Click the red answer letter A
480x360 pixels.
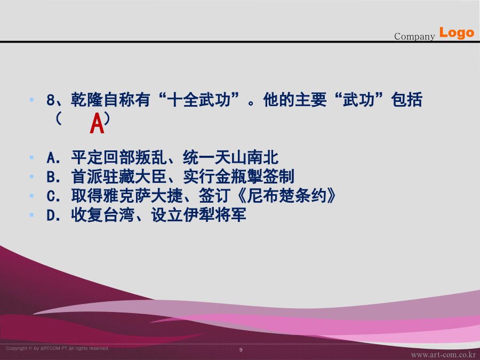click(x=97, y=123)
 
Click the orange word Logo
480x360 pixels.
click(x=457, y=33)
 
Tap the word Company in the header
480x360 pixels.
click(x=414, y=36)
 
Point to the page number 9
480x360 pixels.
click(x=241, y=349)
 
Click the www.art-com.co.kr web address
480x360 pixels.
click(x=443, y=355)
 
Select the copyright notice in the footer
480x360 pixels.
click(x=58, y=348)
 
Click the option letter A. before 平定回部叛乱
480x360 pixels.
click(x=53, y=158)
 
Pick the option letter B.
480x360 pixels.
click(x=53, y=177)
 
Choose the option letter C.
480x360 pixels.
click(x=53, y=196)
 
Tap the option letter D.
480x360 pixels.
click(x=53, y=215)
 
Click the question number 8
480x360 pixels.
click(x=51, y=100)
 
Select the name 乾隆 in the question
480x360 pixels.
click(x=86, y=100)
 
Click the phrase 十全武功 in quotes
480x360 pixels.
click(x=199, y=100)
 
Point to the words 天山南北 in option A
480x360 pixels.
click(x=246, y=158)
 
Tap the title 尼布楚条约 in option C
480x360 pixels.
click(x=286, y=196)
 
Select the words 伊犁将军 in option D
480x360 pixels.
click(x=214, y=215)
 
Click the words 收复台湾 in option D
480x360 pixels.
click(x=102, y=215)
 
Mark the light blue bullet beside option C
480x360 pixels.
click(x=31, y=196)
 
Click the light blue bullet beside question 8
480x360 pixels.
click(x=31, y=100)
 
